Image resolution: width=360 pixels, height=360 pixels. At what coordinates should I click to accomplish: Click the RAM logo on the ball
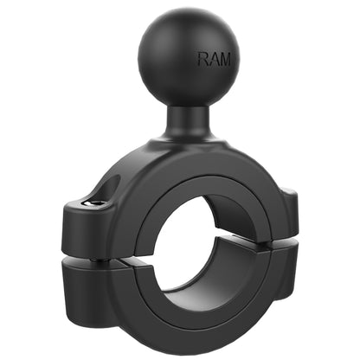click(214, 60)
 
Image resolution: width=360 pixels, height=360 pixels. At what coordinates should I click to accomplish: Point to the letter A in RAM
click(214, 60)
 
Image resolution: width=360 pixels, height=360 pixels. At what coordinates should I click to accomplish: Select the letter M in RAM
click(224, 60)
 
